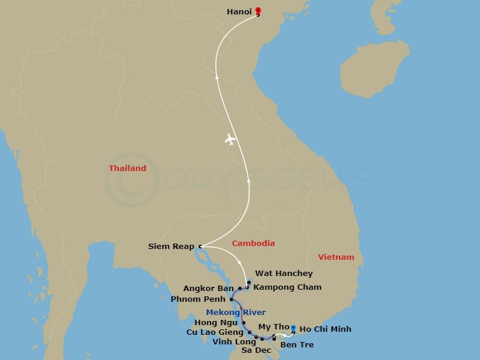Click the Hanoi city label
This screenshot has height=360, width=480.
[239, 11]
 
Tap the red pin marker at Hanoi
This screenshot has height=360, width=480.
[258, 11]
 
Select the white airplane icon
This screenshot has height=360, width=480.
[230, 139]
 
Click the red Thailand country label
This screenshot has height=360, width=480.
[127, 169]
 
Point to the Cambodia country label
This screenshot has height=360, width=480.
[253, 243]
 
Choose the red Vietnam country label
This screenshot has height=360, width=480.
[336, 257]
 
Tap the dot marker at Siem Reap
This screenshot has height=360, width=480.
[200, 246]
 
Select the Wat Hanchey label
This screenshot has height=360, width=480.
[284, 274]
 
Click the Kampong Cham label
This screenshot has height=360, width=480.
[287, 287]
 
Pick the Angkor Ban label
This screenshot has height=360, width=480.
[208, 289]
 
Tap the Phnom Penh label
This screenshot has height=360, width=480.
[198, 299]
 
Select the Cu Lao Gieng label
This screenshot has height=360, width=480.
[215, 332]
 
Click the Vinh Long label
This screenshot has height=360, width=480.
[234, 342]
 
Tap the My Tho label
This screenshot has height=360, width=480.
[274, 327]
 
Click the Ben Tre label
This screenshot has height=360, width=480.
[296, 344]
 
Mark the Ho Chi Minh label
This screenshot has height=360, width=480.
[325, 329]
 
